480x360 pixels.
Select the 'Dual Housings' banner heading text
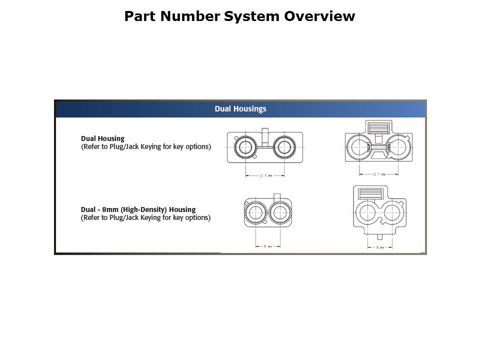(240, 108)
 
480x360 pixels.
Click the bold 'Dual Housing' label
(102, 138)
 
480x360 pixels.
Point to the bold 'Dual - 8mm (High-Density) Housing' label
(138, 209)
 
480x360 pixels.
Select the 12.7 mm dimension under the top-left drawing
(264, 175)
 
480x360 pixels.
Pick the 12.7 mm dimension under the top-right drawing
(378, 174)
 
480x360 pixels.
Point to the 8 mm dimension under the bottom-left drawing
(267, 246)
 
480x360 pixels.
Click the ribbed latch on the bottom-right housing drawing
(370, 194)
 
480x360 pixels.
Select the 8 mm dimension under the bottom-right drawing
(380, 247)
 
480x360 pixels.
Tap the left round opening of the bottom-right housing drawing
(368, 212)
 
